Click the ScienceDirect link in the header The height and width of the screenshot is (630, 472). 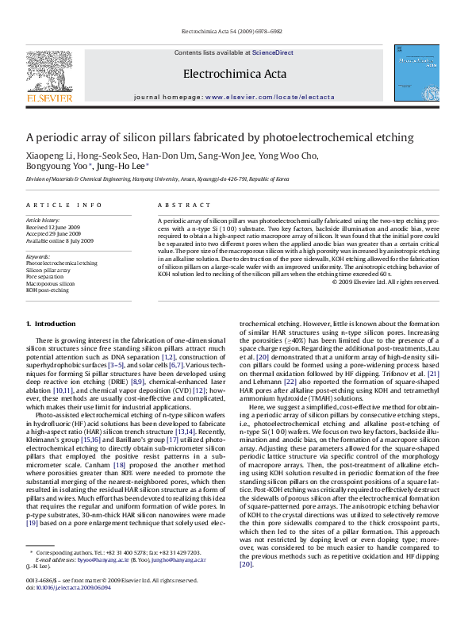coord(273,52)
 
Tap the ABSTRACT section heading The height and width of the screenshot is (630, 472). coord(179,205)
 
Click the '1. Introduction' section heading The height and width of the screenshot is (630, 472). coord(51,325)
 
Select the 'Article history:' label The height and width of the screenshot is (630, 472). coord(44,219)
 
